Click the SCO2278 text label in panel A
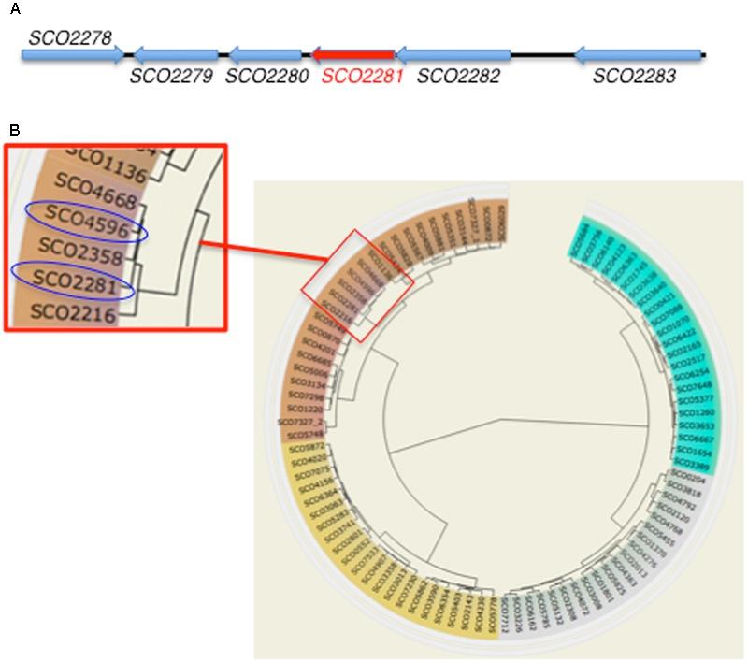tap(70, 37)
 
